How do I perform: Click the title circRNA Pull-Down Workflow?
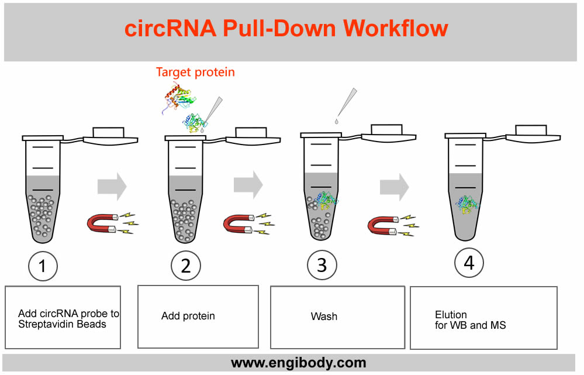[x=286, y=29]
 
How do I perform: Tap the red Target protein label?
[x=195, y=72]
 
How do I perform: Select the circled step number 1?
[x=43, y=266]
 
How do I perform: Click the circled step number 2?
[x=186, y=266]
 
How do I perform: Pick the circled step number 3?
[x=322, y=265]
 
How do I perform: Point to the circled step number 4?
[x=469, y=263]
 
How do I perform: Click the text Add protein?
[x=188, y=316]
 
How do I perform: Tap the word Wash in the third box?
[x=324, y=316]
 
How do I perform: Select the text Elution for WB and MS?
[x=470, y=319]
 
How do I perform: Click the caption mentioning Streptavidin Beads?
[x=68, y=318]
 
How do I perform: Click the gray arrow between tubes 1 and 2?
[x=112, y=185]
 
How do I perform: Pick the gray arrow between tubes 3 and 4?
[x=394, y=187]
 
